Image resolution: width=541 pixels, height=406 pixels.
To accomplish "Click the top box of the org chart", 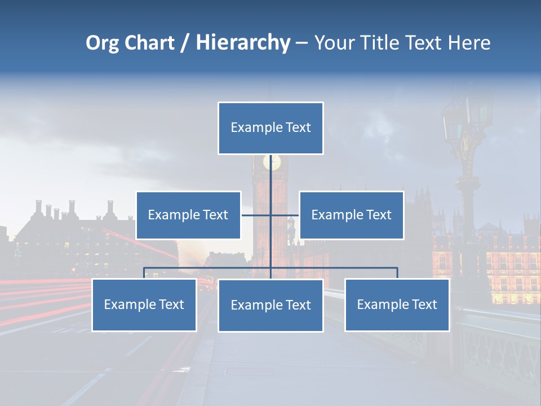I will point(270,128).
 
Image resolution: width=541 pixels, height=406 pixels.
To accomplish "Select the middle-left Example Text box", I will point(188,215).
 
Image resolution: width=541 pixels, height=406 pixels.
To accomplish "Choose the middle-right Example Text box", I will point(351,215).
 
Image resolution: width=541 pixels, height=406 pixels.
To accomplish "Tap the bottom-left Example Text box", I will point(144,304).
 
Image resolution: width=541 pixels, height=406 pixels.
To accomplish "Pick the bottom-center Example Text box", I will point(270,305).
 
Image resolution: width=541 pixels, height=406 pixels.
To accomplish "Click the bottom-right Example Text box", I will point(397,304).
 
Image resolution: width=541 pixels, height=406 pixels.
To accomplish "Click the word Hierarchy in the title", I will point(242,43).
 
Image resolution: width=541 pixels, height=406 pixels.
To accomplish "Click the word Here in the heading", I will point(469,43).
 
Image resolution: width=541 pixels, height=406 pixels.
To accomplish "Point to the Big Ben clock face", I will point(272,162).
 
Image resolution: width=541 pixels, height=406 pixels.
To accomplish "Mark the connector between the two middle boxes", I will point(270,215).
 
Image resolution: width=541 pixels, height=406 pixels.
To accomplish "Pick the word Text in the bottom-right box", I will point(424,304).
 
